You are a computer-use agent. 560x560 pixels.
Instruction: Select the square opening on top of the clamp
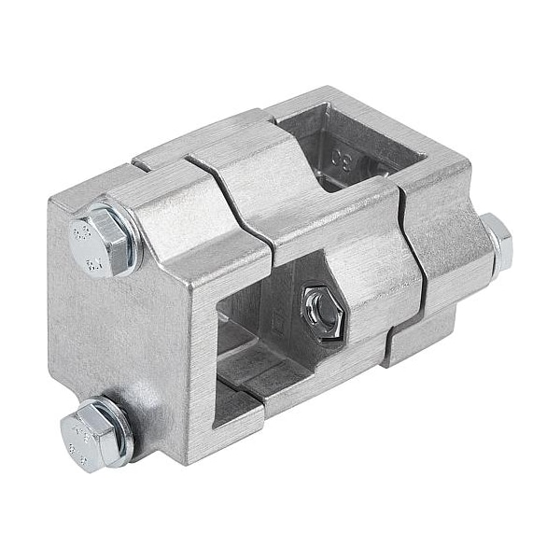336,145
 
